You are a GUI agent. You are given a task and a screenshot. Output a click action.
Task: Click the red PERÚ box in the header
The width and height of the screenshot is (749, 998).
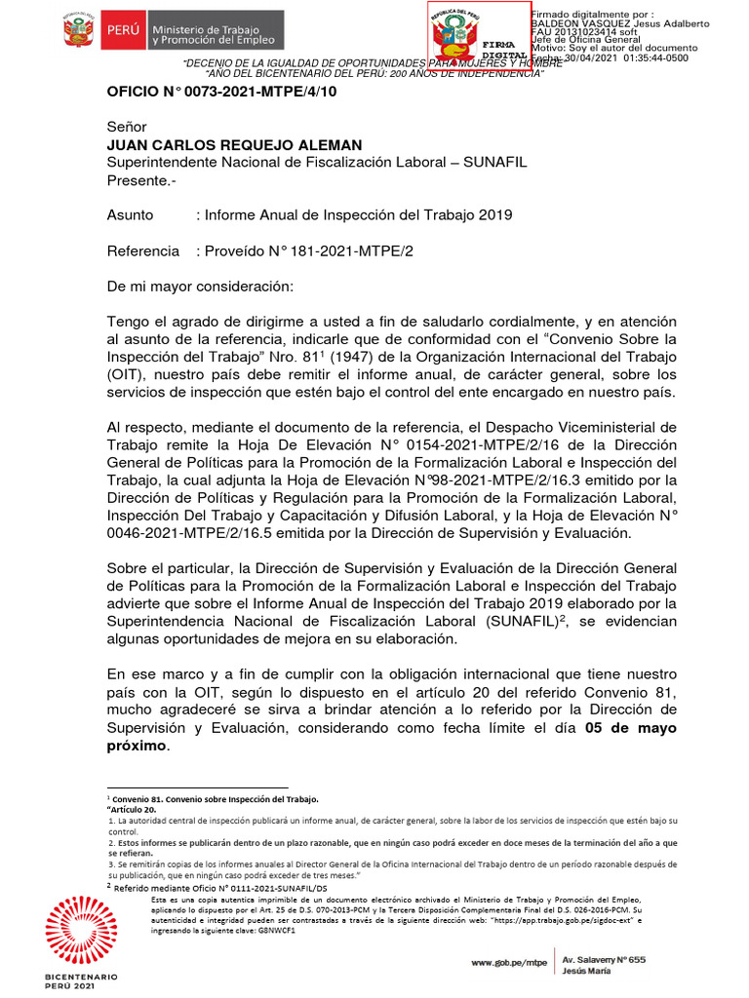[x=123, y=32]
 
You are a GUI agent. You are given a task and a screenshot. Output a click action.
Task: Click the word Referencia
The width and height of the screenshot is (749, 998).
[x=142, y=250]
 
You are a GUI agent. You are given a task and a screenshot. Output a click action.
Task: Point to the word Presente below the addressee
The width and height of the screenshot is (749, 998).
[x=138, y=179]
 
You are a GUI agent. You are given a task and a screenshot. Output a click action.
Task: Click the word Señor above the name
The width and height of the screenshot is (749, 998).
[x=126, y=127]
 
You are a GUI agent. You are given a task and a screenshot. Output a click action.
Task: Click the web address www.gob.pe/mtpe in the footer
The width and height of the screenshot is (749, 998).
[x=508, y=962]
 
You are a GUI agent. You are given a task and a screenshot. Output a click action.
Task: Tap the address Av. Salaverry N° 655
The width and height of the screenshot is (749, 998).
[x=611, y=959]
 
